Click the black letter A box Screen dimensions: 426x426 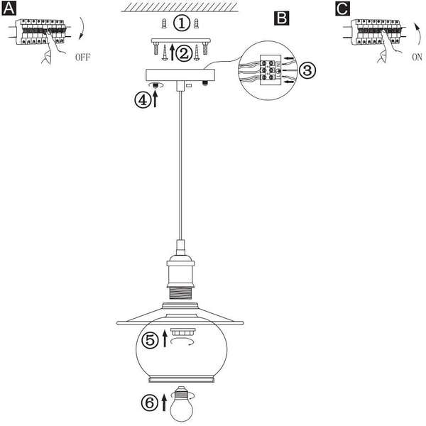pos(9,9)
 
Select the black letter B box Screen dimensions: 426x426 pos(281,18)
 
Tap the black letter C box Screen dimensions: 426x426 pos(342,9)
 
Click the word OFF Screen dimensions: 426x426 pos(82,58)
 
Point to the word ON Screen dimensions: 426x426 pos(417,58)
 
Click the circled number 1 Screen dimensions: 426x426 pos(182,23)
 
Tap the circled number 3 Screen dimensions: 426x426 pos(307,70)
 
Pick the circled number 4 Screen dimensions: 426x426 pos(143,100)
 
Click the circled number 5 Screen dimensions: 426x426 pos(151,340)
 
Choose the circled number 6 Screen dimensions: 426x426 pos(150,403)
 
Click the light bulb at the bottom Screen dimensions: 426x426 pos(182,404)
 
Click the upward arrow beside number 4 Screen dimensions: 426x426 pos(155,99)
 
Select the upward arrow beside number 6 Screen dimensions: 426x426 pos(164,403)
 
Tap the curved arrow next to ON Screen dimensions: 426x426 pos(417,33)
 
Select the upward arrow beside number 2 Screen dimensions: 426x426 pos(172,52)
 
